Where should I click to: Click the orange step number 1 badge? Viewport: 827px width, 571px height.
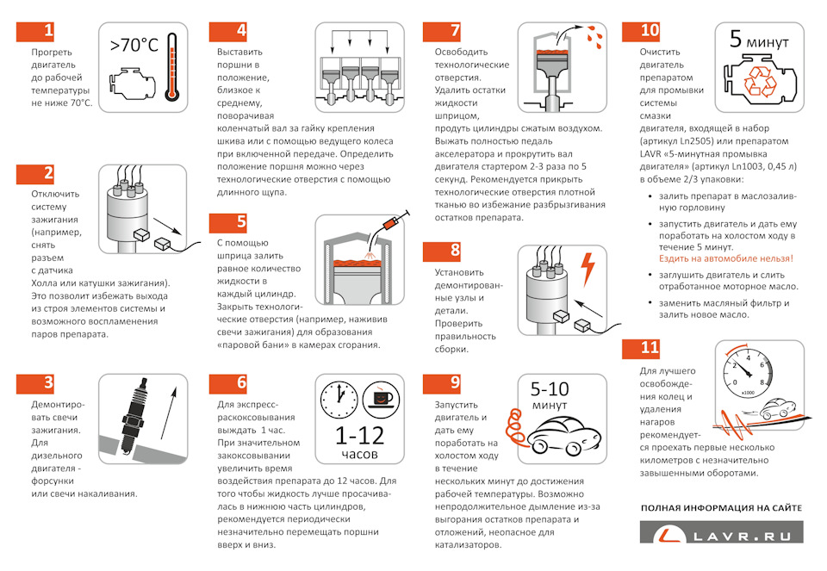tap(35, 31)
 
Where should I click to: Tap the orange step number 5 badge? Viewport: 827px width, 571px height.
tap(227, 223)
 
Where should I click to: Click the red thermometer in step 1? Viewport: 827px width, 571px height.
tap(171, 67)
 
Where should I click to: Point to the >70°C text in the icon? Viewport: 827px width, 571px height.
tap(134, 46)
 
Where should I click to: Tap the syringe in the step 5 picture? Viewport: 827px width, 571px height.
tap(395, 221)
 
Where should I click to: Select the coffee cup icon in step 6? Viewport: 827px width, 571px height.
tap(381, 399)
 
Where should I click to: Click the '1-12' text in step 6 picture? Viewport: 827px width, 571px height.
tap(360, 436)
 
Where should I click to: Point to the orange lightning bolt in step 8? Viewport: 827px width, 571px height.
tap(588, 269)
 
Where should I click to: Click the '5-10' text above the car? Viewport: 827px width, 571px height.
tap(550, 389)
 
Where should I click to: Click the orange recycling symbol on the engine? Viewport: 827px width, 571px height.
tap(760, 83)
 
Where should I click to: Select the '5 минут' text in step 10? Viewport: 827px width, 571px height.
tap(759, 40)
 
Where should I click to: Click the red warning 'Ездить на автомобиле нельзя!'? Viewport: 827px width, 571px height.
tap(725, 258)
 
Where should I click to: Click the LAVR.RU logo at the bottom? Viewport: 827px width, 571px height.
tap(722, 532)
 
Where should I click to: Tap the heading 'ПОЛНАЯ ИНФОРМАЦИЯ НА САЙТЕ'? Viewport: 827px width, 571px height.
tap(721, 508)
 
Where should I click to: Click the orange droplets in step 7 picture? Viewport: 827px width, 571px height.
tap(594, 35)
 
